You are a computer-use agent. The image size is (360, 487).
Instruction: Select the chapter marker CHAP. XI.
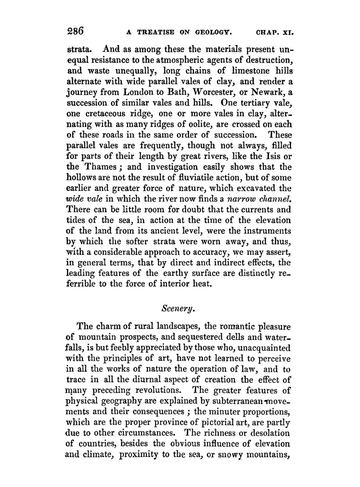(275, 33)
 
